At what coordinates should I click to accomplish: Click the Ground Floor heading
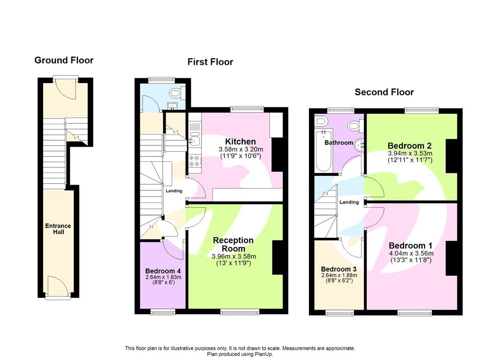coord(64,60)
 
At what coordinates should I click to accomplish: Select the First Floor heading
coord(210,62)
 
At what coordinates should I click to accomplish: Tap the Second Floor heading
coord(384,92)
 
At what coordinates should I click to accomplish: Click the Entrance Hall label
coord(58,229)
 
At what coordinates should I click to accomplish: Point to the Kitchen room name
coord(240,142)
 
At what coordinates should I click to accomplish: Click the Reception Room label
coord(233,244)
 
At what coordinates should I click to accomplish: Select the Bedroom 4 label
coord(163,271)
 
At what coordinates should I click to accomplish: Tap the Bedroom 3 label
coord(338,269)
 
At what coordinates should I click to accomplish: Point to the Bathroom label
coord(338,142)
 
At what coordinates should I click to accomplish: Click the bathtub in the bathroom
coord(323,152)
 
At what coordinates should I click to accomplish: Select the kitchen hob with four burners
coord(194,161)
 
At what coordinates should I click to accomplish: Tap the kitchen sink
coord(194,140)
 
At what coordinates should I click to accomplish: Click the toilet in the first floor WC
coord(177,92)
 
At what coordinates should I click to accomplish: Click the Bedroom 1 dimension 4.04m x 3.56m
coord(411,254)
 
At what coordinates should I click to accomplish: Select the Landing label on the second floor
coord(349,202)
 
